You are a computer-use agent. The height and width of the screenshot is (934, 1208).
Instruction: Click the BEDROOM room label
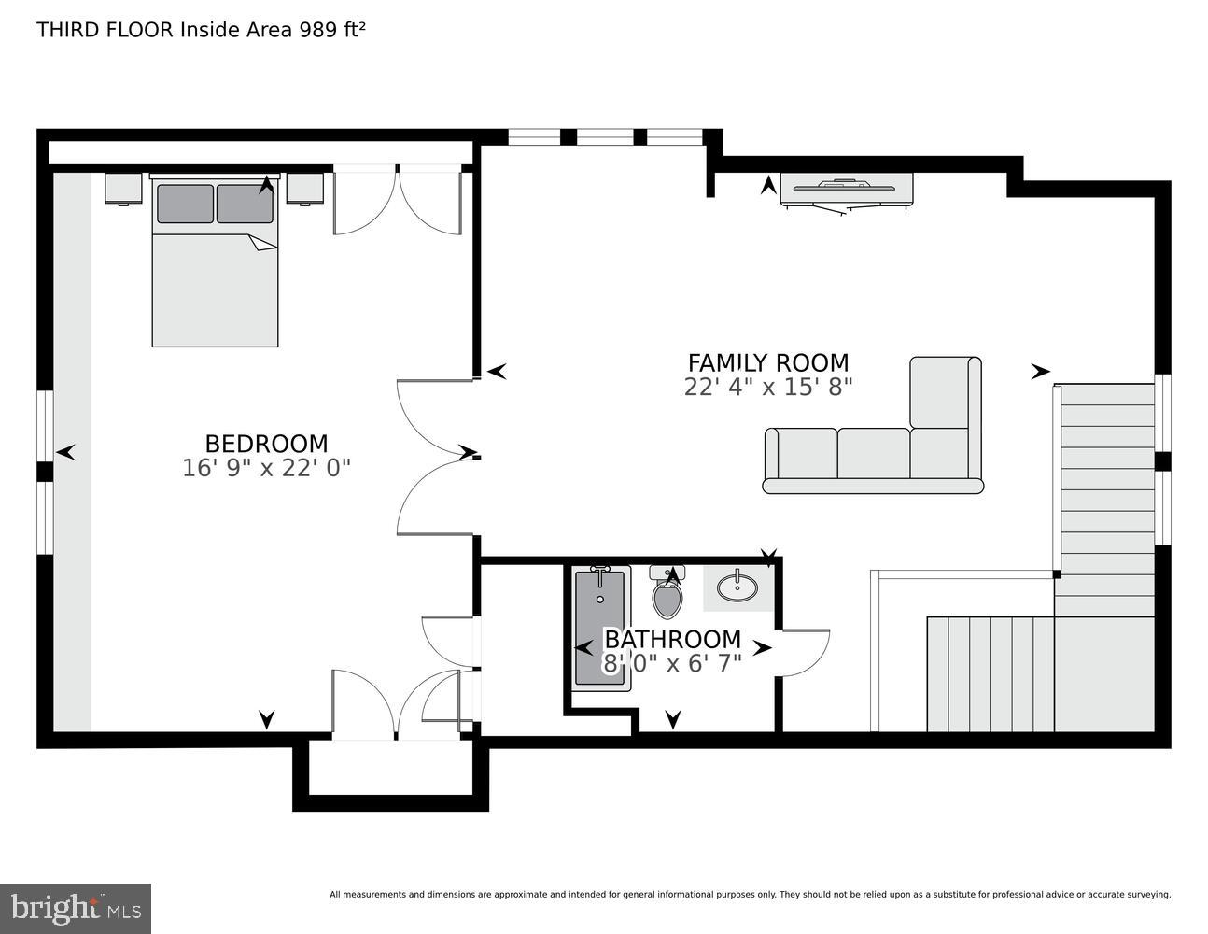pos(266,444)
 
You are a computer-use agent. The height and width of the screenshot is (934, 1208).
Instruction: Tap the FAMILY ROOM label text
pos(768,362)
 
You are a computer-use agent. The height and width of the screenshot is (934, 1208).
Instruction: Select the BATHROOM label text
pos(672,640)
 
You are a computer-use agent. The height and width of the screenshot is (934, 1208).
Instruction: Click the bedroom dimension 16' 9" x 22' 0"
pos(266,468)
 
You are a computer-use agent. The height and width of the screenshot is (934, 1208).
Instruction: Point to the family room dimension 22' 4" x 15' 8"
pos(768,387)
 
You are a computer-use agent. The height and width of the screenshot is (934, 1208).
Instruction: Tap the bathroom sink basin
pos(737,587)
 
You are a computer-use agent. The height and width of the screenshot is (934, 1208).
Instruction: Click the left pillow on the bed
pos(185,204)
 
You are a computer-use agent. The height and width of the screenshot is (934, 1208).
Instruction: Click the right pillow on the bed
pos(245,204)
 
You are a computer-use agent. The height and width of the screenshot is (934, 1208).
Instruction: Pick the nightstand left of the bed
pos(122,189)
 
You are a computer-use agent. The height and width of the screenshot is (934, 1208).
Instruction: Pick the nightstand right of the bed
pos(304,189)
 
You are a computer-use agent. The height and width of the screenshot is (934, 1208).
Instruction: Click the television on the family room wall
pos(847,190)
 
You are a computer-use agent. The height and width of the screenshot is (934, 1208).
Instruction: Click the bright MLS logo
pos(76,909)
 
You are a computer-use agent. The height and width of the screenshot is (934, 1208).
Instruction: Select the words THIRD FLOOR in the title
pos(105,29)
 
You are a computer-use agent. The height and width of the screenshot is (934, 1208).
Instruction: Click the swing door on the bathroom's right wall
pos(805,652)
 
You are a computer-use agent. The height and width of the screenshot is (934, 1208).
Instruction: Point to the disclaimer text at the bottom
pos(750,895)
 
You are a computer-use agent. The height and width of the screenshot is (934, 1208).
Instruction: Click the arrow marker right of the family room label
pos(1040,372)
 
